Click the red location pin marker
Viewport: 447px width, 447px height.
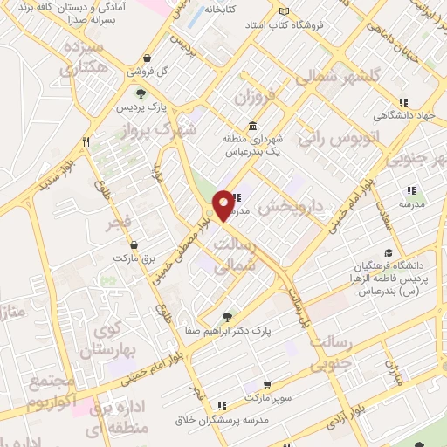coord(223,204)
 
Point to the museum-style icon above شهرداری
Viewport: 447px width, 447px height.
coord(252,125)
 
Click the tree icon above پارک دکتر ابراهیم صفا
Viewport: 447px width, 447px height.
coord(228,317)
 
